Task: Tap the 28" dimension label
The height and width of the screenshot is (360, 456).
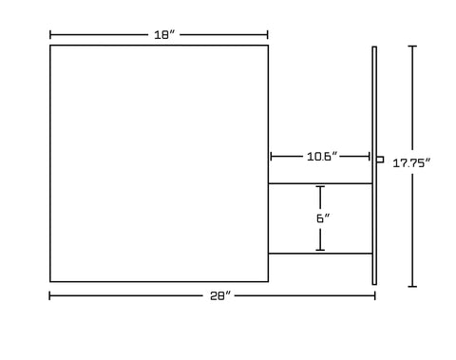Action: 221,296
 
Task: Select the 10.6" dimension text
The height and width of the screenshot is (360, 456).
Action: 320,156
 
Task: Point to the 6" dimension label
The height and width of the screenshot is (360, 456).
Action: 322,218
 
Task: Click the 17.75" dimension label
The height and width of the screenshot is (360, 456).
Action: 412,163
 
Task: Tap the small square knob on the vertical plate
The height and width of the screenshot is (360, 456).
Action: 380,160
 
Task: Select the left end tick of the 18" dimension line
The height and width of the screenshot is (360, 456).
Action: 50,35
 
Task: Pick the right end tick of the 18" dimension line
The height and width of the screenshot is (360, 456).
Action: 268,35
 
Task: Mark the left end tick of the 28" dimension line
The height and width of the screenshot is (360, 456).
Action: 50,296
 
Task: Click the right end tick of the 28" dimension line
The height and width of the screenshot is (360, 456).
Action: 375,296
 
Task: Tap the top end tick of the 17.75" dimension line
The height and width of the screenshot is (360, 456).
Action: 411,47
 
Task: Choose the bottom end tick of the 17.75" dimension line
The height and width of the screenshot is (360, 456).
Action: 411,285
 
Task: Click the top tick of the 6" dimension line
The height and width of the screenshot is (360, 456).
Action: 320,187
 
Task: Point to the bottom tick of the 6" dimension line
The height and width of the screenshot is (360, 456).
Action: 320,250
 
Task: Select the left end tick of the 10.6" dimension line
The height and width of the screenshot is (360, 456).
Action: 272,156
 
